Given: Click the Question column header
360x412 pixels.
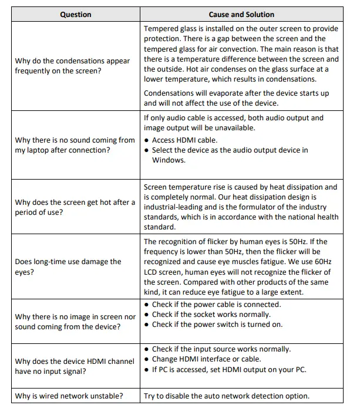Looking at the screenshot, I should (75, 15).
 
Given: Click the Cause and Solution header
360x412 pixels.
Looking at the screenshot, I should (241, 15).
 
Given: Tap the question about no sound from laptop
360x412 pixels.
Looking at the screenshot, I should (75, 145).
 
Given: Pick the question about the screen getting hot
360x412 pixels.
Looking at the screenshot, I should (75, 207).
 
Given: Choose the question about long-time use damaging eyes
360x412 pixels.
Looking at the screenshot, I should (68, 266).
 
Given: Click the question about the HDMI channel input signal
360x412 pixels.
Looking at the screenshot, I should (75, 366).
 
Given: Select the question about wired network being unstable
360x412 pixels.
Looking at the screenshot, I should (69, 396).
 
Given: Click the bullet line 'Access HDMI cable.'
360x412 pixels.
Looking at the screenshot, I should (184, 140).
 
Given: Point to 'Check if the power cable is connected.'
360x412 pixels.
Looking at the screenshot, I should (216, 305).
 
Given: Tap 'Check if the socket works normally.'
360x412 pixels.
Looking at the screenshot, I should (211, 315).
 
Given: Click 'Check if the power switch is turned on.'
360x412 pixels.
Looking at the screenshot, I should (217, 325).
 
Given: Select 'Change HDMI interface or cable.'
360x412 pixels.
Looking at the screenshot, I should (206, 359).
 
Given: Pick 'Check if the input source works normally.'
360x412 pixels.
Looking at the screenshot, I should (221, 349).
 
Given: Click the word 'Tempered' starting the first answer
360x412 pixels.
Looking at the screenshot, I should (162, 29).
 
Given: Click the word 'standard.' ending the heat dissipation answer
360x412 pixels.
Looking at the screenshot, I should (160, 227).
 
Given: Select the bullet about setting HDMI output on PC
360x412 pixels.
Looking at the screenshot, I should (229, 369).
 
